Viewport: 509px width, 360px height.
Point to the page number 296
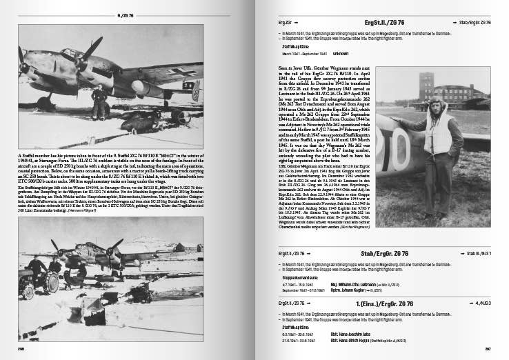pos(22,348)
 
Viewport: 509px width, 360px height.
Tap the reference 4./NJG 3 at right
pos(480,304)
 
